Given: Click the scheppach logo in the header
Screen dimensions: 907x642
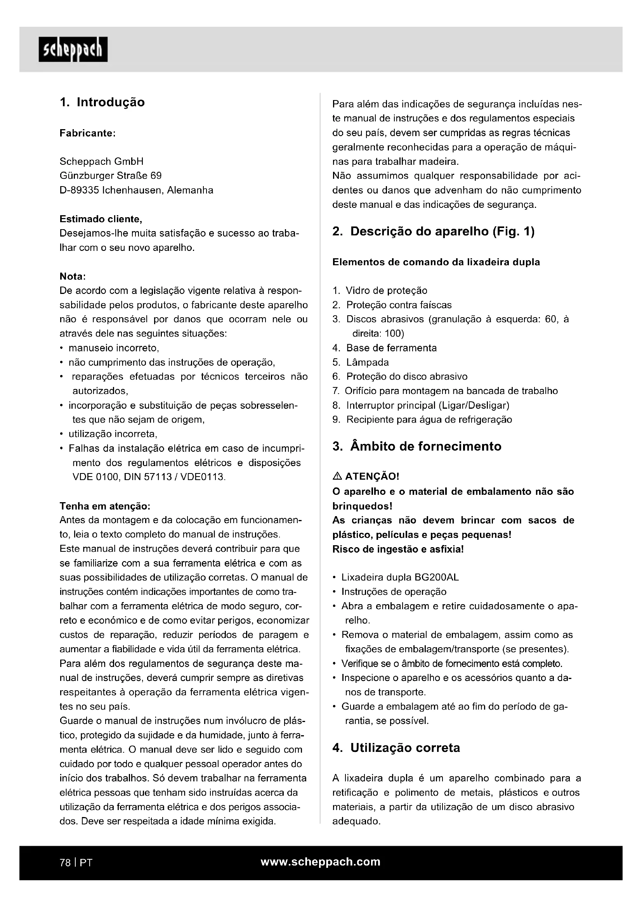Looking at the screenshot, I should coord(73,49).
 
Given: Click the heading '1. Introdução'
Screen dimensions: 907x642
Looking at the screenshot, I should coord(102,102).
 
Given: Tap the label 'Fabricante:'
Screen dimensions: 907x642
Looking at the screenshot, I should coord(87,133).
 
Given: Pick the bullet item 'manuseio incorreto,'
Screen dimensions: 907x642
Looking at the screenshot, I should coord(113,348).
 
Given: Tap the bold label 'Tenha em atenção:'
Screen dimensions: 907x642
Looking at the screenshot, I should coord(105,506).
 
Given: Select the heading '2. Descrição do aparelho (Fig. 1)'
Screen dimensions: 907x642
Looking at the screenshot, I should coord(433,232).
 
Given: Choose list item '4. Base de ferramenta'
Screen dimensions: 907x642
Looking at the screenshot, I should coord(385,348).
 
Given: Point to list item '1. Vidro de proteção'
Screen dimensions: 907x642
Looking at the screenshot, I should coord(380,291).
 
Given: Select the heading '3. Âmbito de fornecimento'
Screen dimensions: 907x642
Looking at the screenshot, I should coord(416,446).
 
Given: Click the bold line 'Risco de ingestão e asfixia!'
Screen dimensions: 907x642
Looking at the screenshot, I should coord(398,549).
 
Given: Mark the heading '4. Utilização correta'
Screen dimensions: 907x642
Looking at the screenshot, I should coord(396,748).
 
